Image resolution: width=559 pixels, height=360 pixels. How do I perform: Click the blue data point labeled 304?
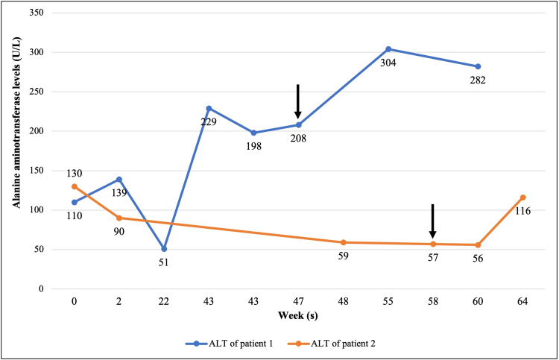[x=388, y=49]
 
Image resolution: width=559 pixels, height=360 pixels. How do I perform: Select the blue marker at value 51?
[x=164, y=248]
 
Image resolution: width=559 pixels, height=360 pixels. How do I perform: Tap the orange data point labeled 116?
[x=522, y=198]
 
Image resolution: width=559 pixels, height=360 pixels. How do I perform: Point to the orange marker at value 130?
[x=75, y=186]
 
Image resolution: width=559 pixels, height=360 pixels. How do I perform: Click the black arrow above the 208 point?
[x=298, y=101]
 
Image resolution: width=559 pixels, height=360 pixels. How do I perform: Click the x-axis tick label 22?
[x=164, y=303]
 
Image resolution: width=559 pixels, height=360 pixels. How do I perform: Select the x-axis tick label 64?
[x=522, y=303]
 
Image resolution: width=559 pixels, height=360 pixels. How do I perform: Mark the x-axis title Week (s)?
[x=298, y=316]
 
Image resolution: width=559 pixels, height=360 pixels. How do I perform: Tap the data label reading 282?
[x=478, y=80]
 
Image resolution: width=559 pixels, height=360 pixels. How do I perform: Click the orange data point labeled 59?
[x=344, y=242]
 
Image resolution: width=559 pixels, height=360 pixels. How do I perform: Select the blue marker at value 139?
[x=119, y=180]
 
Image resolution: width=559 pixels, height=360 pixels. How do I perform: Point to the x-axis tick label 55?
[x=388, y=303]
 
